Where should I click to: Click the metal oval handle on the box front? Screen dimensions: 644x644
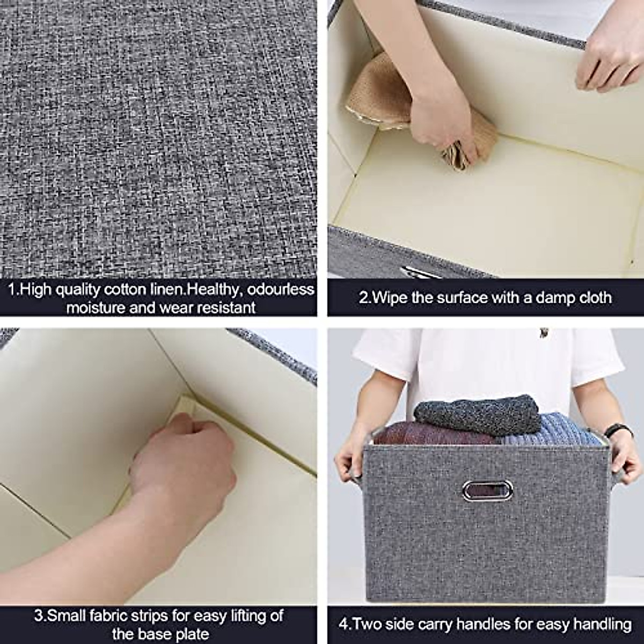(x=487, y=490)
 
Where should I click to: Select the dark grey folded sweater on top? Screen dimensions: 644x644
(x=478, y=415)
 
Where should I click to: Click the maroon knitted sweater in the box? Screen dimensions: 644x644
(x=429, y=434)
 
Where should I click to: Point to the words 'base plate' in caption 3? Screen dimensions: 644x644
(x=160, y=634)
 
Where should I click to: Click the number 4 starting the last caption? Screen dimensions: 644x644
(x=343, y=624)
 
